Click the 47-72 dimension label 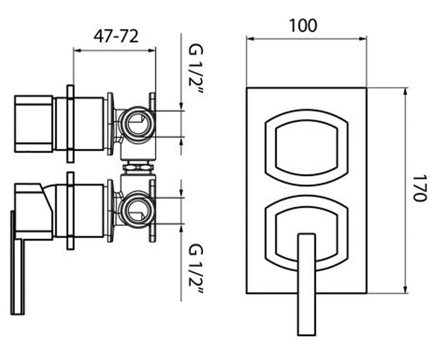(x=116, y=36)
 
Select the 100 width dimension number (x=303, y=26)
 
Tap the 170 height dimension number (x=420, y=188)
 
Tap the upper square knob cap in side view (x=33, y=124)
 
